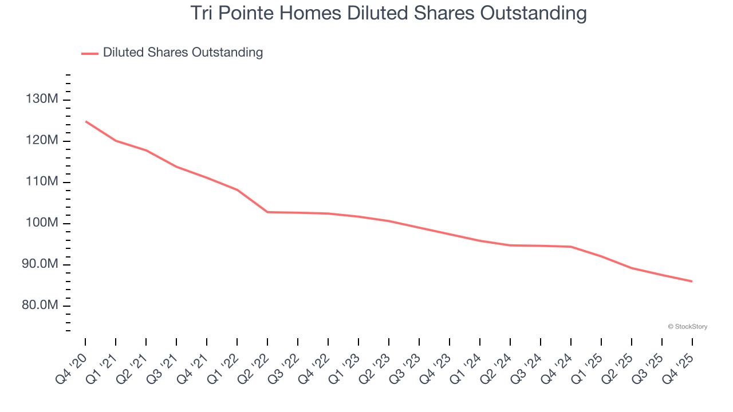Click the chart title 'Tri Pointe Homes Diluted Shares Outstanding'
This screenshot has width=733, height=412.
pyautogui.click(x=388, y=13)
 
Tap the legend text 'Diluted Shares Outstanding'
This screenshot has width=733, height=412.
pyautogui.click(x=183, y=53)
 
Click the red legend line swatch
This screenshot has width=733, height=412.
pyautogui.click(x=90, y=53)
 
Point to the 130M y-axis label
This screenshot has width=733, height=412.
pyautogui.click(x=42, y=100)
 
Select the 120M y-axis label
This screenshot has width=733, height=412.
pyautogui.click(x=42, y=141)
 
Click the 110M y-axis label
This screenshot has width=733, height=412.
pyautogui.click(x=42, y=182)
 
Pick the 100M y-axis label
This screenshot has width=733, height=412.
pyautogui.click(x=42, y=223)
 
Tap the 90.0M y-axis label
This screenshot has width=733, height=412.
pyautogui.click(x=40, y=264)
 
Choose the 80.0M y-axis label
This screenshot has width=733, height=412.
pyautogui.click(x=40, y=306)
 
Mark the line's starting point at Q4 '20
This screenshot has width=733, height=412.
pyautogui.click(x=85, y=121)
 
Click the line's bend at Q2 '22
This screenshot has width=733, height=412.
pyautogui.click(x=267, y=212)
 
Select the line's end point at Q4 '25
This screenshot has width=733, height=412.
pyautogui.click(x=692, y=282)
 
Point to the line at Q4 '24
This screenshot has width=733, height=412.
pyautogui.click(x=571, y=247)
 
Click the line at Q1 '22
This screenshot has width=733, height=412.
pyautogui.click(x=237, y=190)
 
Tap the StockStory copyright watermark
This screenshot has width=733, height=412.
pyautogui.click(x=687, y=327)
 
